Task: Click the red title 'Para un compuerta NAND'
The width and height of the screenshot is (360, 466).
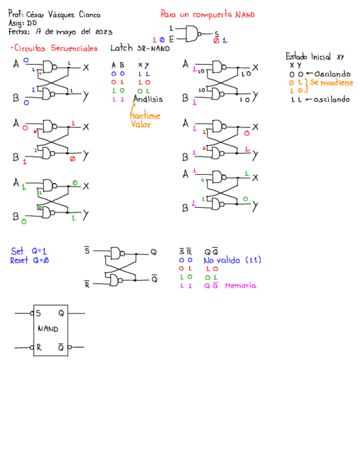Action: tap(207, 15)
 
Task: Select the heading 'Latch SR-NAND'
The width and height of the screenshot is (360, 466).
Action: tap(140, 48)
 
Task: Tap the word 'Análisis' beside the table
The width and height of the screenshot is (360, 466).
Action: tap(148, 99)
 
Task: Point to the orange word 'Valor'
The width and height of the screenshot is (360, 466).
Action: tap(141, 124)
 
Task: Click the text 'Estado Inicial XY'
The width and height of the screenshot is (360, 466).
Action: tap(314, 57)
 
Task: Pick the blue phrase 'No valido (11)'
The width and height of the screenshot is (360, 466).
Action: tap(232, 260)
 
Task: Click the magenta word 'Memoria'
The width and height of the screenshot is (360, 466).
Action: tap(240, 286)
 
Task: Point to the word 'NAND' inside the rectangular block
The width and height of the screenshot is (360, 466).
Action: tap(48, 329)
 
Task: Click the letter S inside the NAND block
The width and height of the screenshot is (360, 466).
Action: tap(38, 314)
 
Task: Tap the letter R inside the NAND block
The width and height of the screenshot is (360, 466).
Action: tap(38, 347)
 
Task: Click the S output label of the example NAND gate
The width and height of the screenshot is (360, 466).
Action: tap(216, 34)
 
